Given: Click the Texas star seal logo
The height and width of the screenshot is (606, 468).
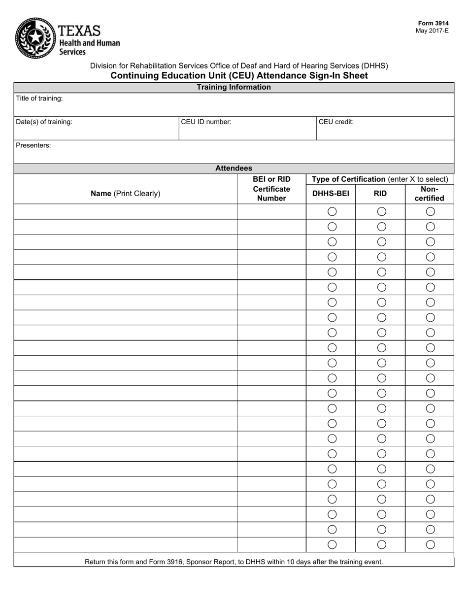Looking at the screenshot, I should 35,38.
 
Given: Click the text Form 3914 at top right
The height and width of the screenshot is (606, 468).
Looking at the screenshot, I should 433,23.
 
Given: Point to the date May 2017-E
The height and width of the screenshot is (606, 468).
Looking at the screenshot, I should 432,31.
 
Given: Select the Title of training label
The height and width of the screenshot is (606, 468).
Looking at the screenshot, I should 39,99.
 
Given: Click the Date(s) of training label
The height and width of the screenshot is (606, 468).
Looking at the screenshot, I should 44,122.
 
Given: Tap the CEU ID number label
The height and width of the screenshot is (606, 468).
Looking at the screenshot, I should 206,122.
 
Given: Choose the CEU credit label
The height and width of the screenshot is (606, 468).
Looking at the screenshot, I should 336,122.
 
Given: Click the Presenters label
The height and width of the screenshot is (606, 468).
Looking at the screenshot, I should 33,146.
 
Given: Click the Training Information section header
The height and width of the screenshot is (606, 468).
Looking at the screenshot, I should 234,87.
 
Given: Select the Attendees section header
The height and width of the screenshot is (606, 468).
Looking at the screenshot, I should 234,168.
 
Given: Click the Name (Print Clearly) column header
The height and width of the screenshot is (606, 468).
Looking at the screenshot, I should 125,194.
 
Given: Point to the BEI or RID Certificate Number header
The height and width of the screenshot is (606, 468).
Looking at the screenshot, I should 271,189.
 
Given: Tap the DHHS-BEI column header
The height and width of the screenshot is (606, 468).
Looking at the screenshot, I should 331,194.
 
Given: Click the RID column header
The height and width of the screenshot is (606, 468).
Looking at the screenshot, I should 380,194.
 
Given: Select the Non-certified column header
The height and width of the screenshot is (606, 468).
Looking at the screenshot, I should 429,194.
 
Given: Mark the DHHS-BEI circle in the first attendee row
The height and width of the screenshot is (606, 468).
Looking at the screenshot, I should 332,211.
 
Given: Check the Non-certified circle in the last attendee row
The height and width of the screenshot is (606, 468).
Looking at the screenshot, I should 430,544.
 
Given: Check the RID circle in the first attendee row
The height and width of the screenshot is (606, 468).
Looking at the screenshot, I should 381,211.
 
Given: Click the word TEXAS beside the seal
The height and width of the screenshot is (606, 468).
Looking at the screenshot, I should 79,31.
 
